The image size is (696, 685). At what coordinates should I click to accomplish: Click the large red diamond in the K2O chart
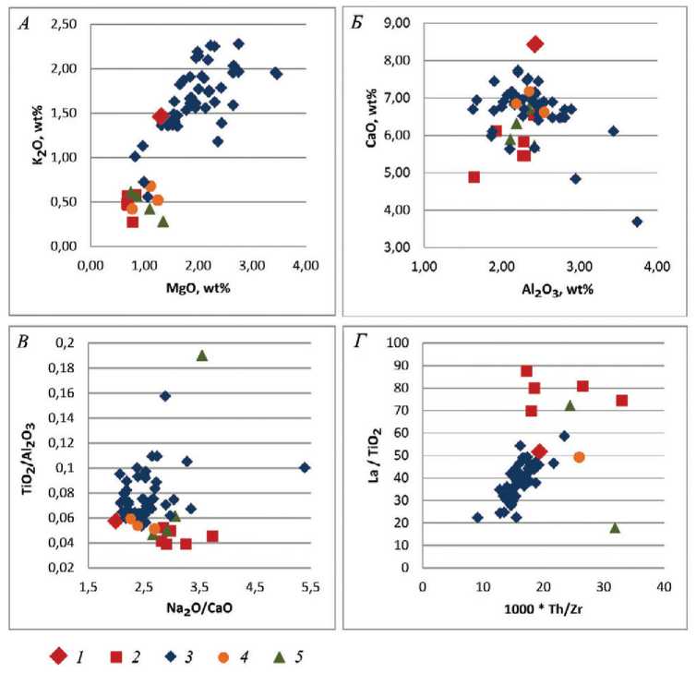click(x=161, y=116)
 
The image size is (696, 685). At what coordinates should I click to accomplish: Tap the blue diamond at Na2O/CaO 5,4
click(x=306, y=467)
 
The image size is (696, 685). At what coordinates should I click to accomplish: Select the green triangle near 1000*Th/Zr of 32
click(x=615, y=527)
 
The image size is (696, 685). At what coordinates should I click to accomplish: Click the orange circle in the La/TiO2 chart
click(x=579, y=457)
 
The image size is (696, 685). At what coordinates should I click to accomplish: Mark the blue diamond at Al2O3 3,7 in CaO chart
click(x=637, y=222)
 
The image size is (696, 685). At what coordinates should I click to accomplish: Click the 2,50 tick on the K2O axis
click(x=66, y=23)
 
